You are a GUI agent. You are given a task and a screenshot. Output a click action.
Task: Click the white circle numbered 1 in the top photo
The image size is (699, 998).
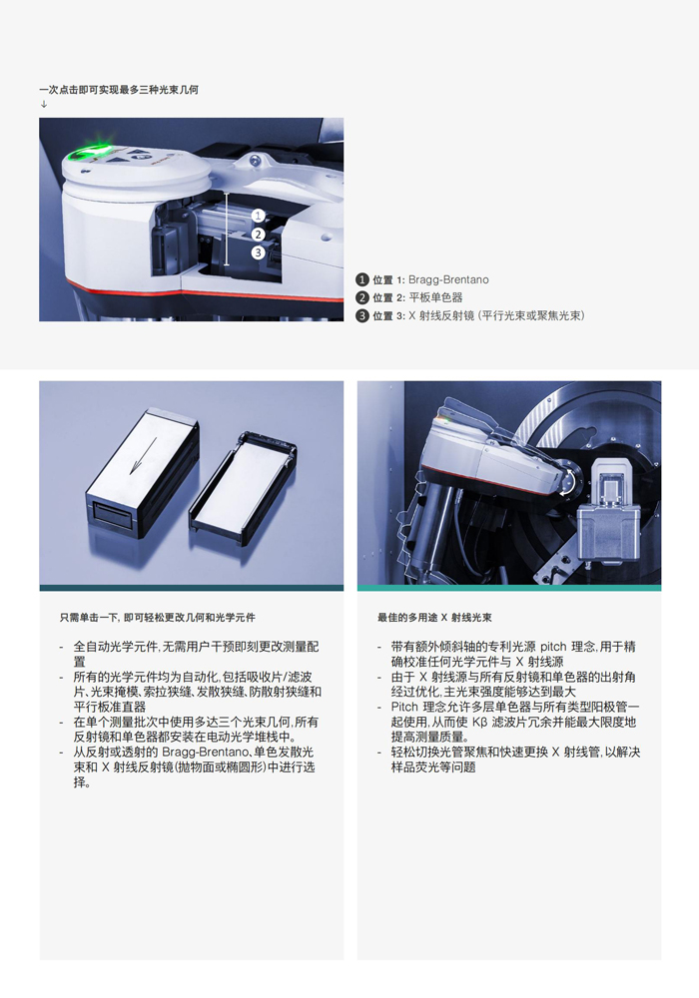(258, 217)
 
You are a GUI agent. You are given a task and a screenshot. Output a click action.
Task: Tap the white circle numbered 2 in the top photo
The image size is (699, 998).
(258, 235)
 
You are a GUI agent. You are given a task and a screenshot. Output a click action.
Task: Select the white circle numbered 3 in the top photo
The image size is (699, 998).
(258, 252)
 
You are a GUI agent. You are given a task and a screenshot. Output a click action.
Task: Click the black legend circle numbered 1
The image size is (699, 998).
(362, 279)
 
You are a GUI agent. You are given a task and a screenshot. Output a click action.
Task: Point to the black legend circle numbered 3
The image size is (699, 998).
(362, 315)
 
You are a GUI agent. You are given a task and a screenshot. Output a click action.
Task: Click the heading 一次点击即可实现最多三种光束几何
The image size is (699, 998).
(119, 90)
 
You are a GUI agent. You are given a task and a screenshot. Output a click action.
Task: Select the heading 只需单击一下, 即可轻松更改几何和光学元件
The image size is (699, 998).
(158, 618)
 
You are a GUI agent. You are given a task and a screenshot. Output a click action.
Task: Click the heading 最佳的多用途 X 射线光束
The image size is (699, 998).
(434, 618)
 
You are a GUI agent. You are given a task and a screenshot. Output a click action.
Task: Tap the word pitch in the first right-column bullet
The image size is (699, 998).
(553, 647)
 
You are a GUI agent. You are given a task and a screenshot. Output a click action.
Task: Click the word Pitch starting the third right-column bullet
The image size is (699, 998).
(404, 708)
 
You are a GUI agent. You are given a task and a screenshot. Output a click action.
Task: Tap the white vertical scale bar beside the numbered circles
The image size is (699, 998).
(227, 230)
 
